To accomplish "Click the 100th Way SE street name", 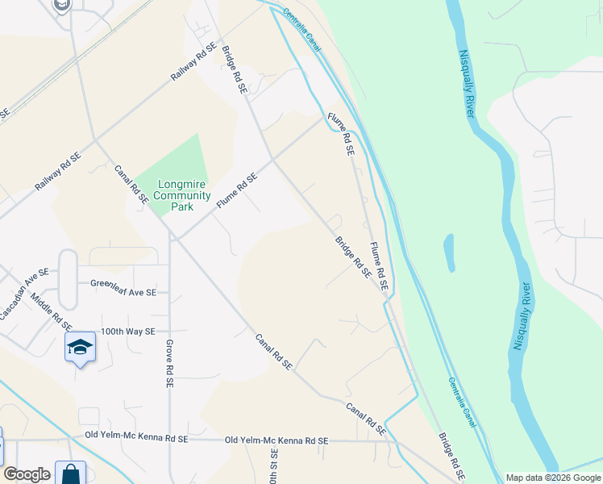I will [x=128, y=332].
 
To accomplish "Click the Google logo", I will [x=27, y=474].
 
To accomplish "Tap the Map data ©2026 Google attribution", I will [x=553, y=478].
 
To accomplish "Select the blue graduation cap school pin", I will [x=80, y=348].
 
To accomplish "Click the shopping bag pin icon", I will [x=70, y=473].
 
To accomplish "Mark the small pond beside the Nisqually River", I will [x=449, y=253].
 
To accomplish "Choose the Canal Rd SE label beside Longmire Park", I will [x=131, y=184].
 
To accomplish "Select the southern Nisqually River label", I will [x=521, y=315].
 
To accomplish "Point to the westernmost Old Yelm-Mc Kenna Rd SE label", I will [x=136, y=437].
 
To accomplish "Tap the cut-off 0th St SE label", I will [x=272, y=467].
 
